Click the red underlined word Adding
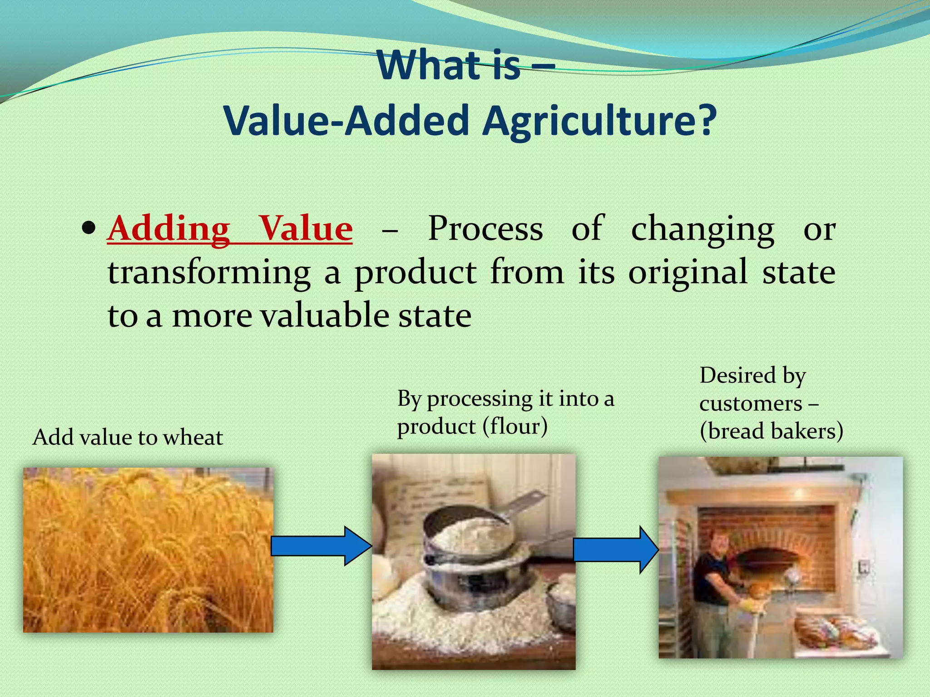pos(169,228)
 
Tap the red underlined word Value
pos(305,228)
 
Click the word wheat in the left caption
pos(193,437)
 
